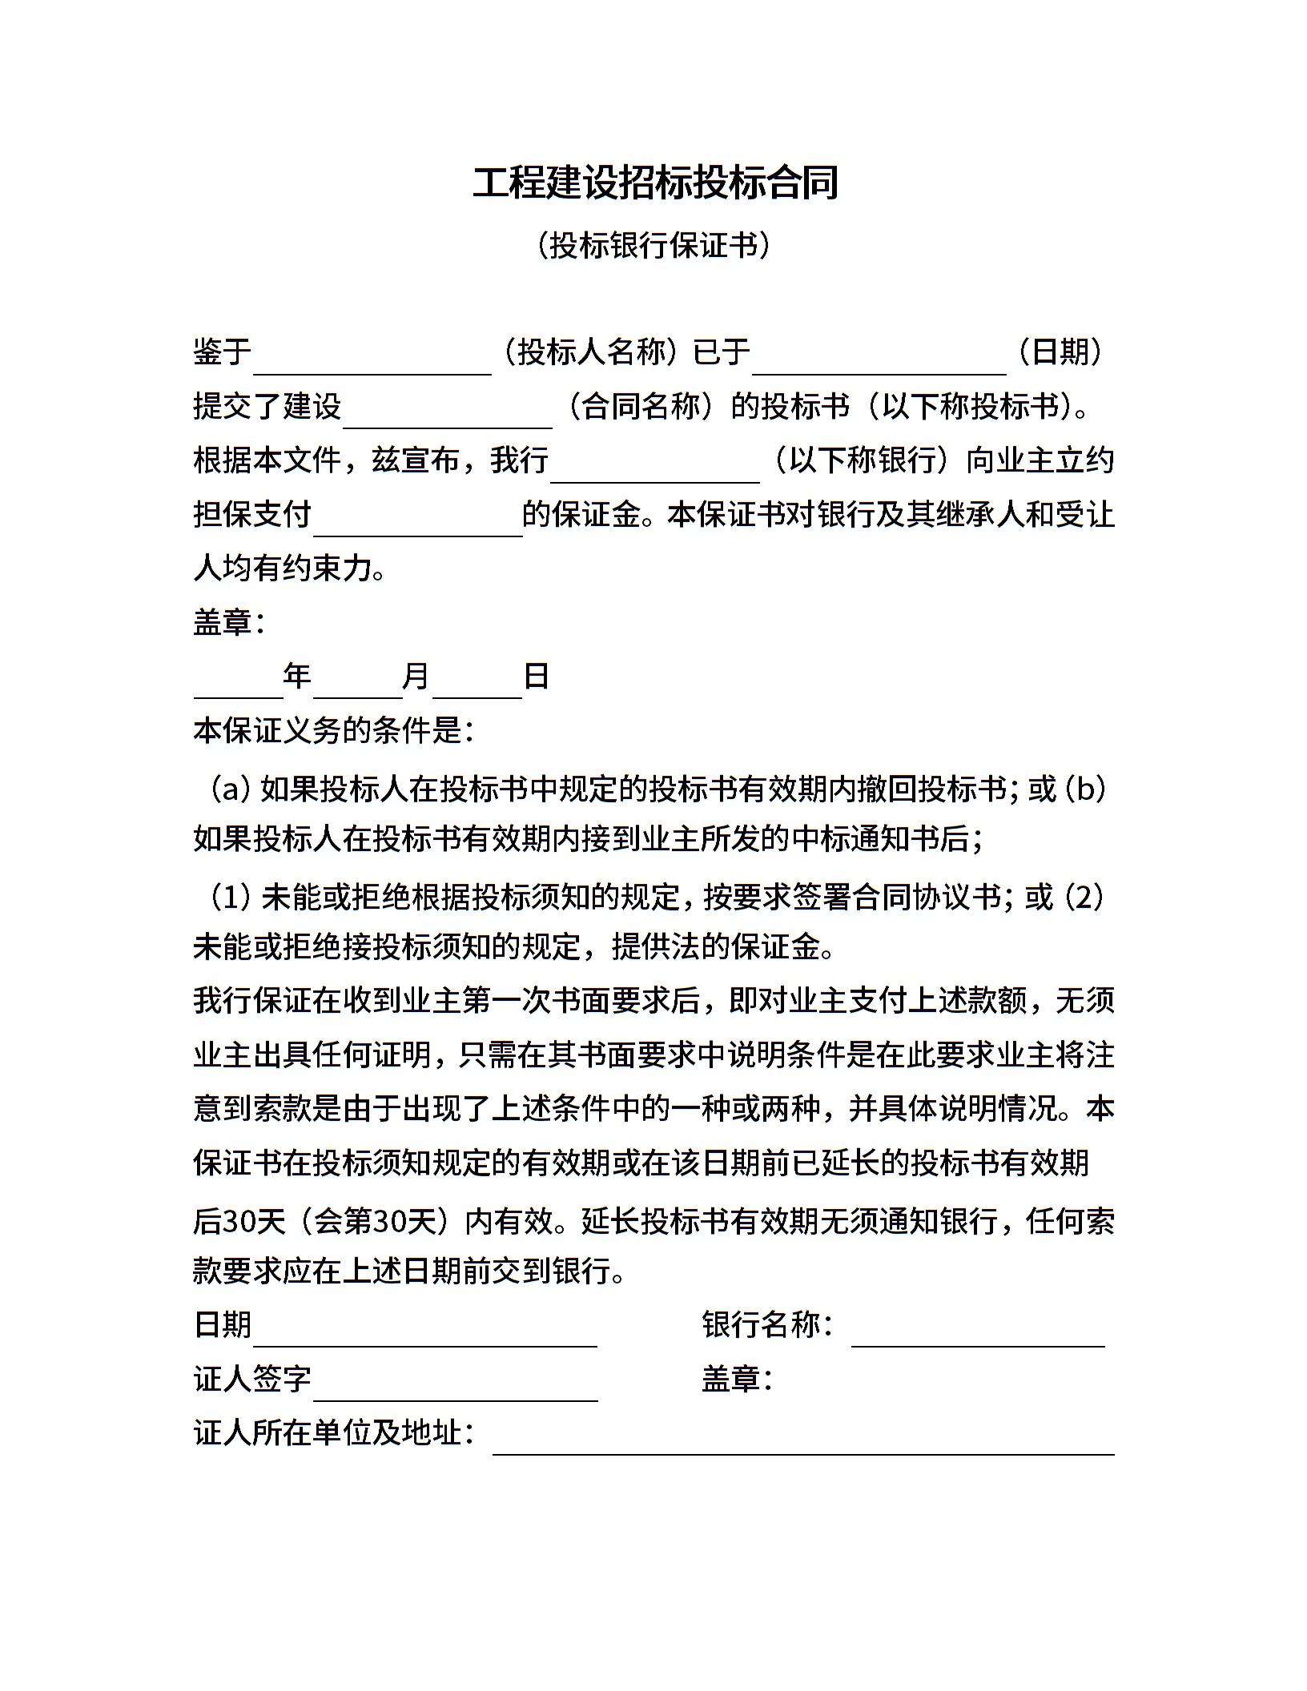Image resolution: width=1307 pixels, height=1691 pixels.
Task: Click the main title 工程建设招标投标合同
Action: [x=654, y=183]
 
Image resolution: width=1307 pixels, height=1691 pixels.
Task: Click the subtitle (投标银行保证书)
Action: [x=653, y=245]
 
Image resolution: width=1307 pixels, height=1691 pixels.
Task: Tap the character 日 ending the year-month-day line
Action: [x=536, y=677]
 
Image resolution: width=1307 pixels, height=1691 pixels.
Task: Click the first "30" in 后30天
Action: [x=238, y=1221]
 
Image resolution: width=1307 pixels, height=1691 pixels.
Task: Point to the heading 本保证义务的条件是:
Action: [x=333, y=730]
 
